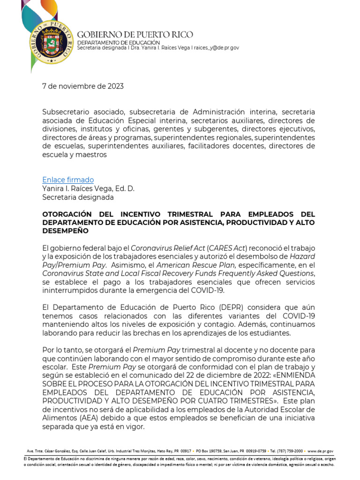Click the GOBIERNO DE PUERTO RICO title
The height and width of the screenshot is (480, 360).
click(135, 35)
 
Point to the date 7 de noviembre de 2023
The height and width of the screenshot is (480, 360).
click(83, 86)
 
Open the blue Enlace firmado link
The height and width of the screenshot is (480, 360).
click(68, 180)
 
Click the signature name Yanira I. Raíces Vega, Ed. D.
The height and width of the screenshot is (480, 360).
click(88, 188)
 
